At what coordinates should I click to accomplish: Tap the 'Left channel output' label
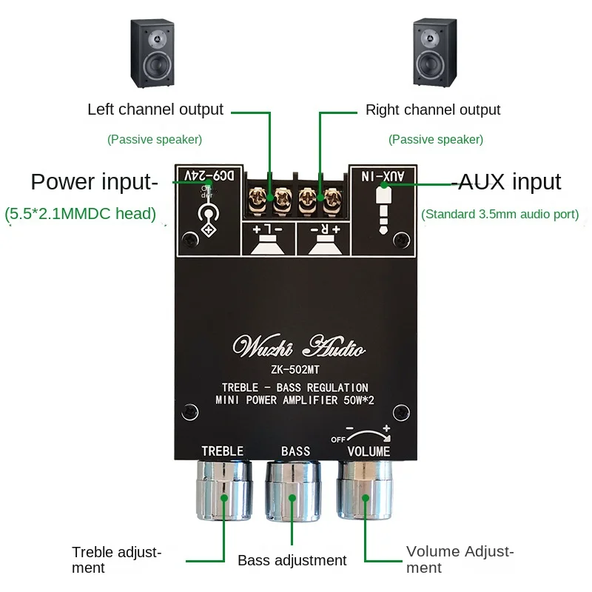point(155,110)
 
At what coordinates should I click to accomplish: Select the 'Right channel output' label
point(433,110)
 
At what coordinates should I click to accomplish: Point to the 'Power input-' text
point(95,181)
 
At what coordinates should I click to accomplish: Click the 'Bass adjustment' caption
point(292,560)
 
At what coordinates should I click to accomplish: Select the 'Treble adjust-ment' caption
point(116,560)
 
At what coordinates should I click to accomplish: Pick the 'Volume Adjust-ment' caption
point(460,559)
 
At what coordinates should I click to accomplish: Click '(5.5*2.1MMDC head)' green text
point(81,215)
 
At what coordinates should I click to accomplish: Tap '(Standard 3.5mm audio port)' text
point(500,215)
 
